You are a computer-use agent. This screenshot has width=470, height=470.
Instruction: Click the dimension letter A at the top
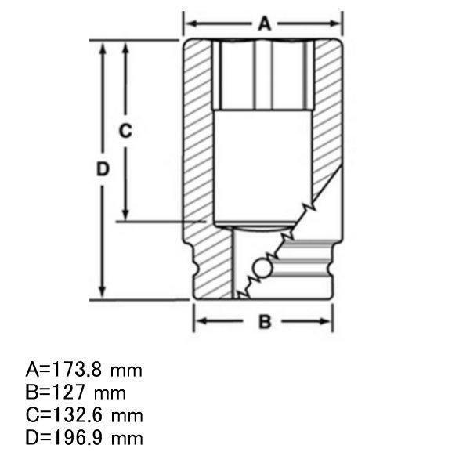point(265,24)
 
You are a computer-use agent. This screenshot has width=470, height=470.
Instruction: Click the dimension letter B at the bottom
point(265,321)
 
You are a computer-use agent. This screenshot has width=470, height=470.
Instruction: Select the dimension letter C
point(125,131)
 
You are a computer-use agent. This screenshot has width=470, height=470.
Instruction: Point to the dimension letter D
point(103,168)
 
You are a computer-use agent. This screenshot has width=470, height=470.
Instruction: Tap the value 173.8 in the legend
point(77,370)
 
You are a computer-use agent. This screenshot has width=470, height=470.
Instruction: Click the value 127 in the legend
point(68,392)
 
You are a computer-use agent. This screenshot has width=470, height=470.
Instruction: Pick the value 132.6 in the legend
point(77,415)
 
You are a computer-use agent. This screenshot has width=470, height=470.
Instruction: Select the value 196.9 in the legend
point(77,438)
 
